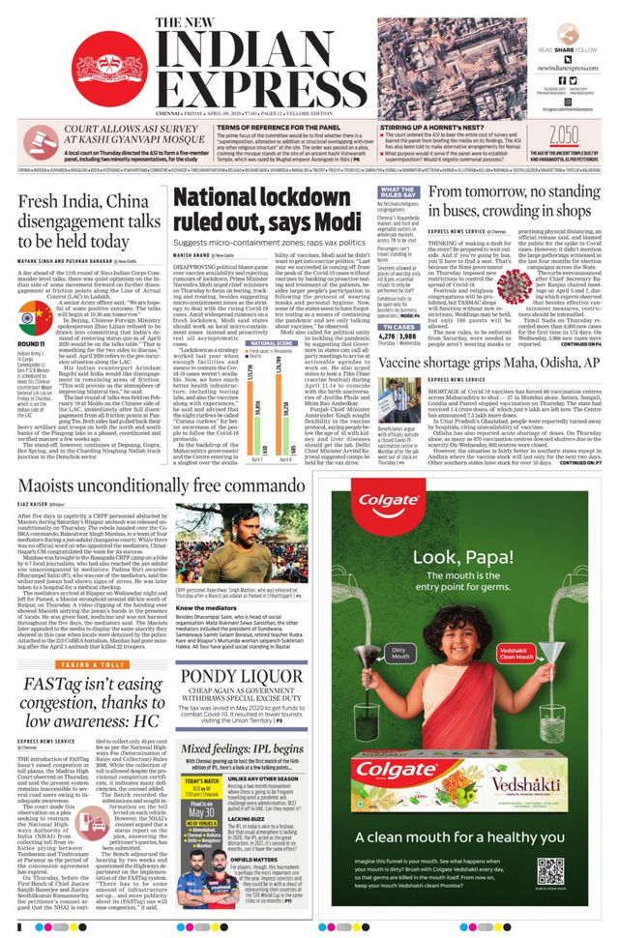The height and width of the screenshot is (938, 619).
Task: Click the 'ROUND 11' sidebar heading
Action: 32,341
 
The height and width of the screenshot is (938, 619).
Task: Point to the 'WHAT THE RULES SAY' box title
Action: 398,193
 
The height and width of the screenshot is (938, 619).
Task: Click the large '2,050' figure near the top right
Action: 569,133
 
